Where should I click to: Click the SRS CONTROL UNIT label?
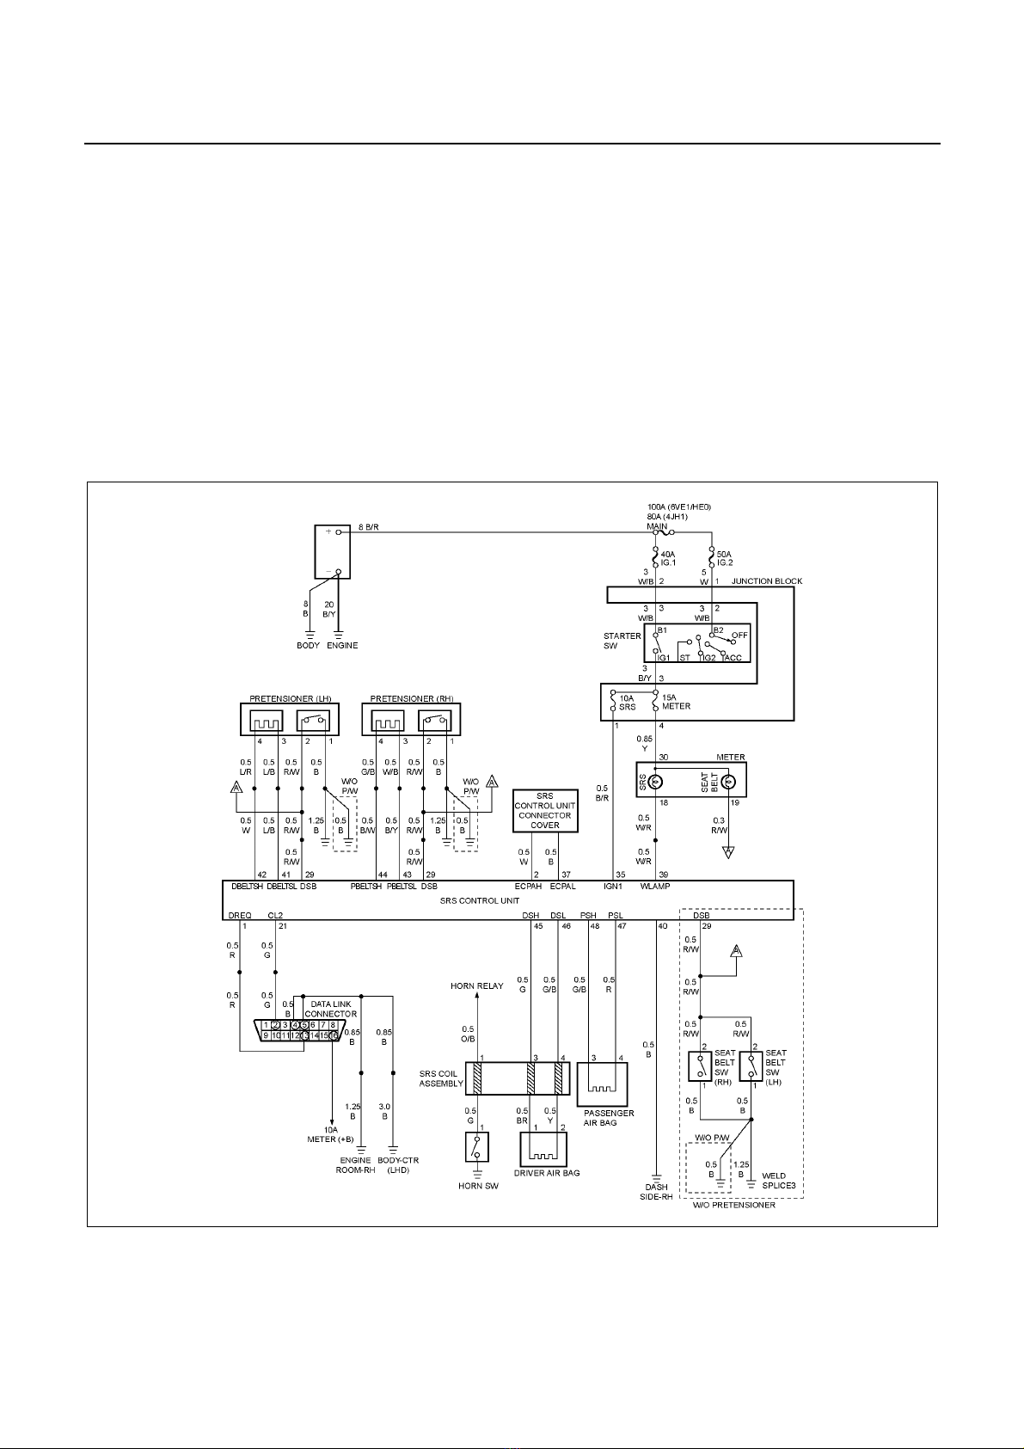[x=480, y=900]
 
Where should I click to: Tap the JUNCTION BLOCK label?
[x=766, y=581]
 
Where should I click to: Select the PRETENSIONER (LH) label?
[x=291, y=698]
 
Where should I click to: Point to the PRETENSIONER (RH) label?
[x=411, y=698]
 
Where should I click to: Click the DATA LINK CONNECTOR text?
[x=332, y=1009]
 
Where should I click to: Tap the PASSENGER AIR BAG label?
[x=609, y=1118]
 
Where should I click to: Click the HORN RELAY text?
[x=477, y=985]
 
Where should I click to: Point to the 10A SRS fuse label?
[x=628, y=702]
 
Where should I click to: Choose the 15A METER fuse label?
[x=676, y=702]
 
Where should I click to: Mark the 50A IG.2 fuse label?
[x=724, y=559]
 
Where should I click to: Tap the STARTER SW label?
[x=622, y=641]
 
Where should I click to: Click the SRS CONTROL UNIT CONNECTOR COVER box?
[x=545, y=810]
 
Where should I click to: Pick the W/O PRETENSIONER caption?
[x=734, y=1205]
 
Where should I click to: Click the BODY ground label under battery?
[x=308, y=645]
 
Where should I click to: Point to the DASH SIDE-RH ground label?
[x=656, y=1192]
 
